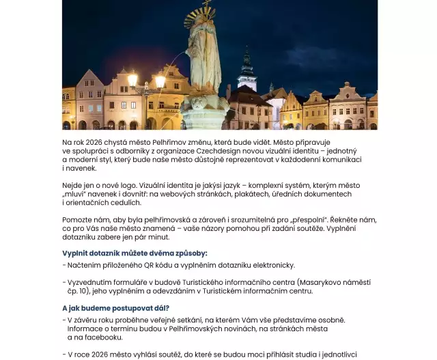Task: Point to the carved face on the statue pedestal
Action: (x=198, y=104)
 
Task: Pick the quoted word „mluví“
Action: (x=74, y=194)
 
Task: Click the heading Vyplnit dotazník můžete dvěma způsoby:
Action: (x=125, y=253)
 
